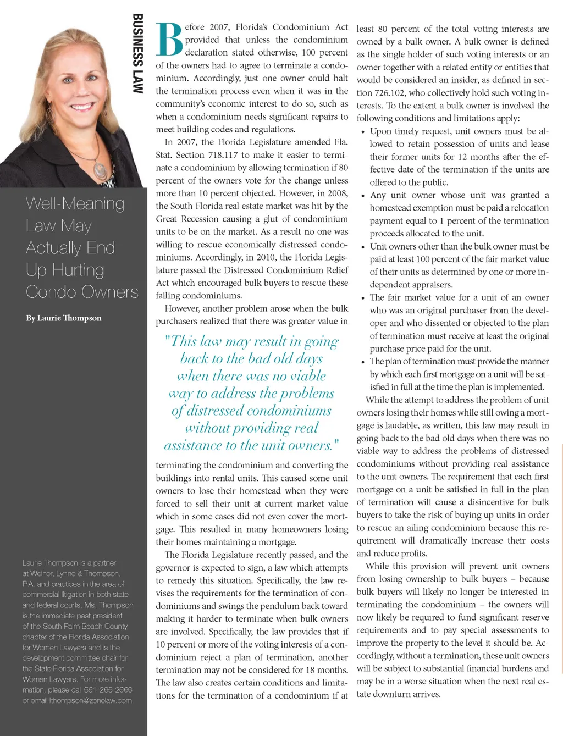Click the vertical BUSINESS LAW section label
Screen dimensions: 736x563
(x=137, y=53)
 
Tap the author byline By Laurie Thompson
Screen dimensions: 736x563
(x=64, y=318)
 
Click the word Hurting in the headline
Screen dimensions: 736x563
(x=78, y=270)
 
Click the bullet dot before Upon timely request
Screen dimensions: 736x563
(x=363, y=132)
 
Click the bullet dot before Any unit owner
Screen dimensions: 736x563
(x=363, y=196)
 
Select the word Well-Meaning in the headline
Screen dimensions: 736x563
(x=75, y=204)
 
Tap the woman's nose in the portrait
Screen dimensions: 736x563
(x=80, y=87)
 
